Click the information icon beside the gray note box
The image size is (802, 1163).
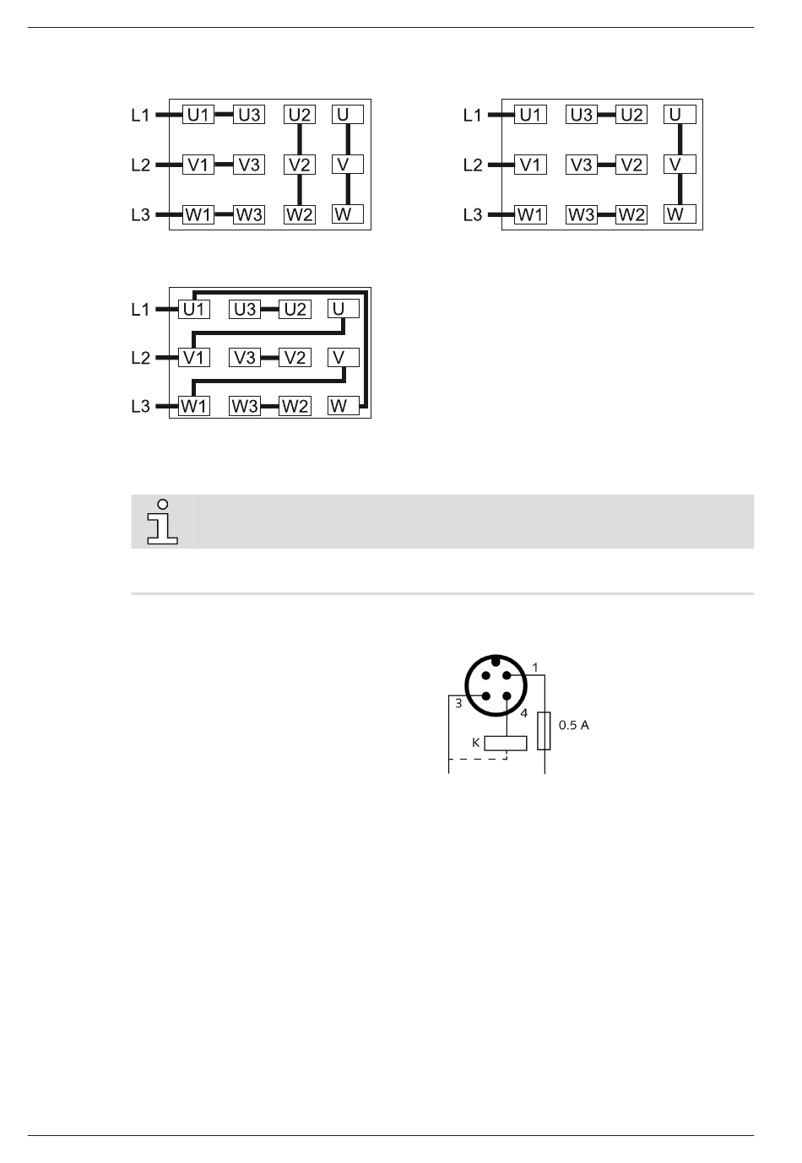click(x=162, y=522)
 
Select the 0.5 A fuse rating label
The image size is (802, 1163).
click(x=574, y=725)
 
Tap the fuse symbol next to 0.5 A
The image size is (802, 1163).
click(x=546, y=730)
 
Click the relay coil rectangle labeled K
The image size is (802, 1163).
click(x=506, y=743)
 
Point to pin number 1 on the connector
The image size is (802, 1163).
click(x=535, y=668)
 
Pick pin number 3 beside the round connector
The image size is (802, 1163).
click(x=458, y=702)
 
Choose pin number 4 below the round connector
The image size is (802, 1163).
click(x=523, y=713)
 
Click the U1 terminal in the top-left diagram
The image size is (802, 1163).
click(x=198, y=115)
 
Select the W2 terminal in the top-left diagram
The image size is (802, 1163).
click(x=299, y=214)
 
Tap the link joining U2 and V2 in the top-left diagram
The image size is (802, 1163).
click(x=299, y=138)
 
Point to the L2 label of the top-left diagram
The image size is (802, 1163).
click(x=141, y=165)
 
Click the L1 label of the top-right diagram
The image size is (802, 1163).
click(x=473, y=115)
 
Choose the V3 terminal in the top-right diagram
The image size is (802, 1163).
click(x=582, y=165)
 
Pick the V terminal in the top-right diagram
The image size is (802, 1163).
click(x=680, y=164)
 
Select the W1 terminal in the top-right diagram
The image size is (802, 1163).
click(x=530, y=214)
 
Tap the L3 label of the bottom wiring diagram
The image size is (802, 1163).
click(x=141, y=406)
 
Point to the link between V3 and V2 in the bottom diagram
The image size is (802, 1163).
click(x=269, y=358)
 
